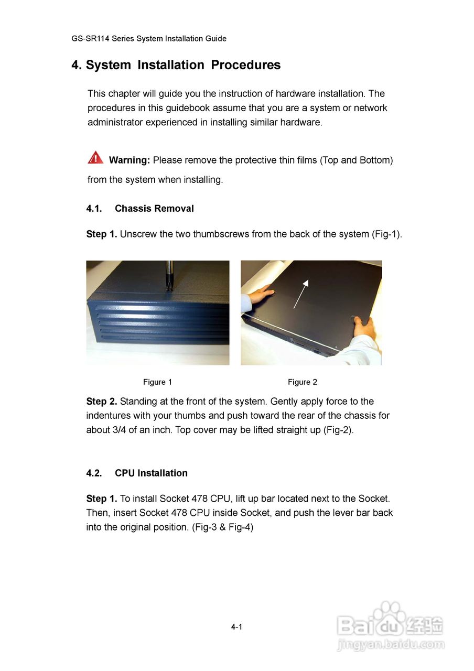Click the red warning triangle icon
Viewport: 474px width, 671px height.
click(x=95, y=157)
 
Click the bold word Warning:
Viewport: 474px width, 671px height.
click(x=130, y=160)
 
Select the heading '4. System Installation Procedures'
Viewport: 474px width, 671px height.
click(x=176, y=65)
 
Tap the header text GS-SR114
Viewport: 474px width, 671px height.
click(x=90, y=38)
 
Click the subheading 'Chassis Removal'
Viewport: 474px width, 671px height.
click(x=154, y=209)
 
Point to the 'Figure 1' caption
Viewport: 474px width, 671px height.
click(x=157, y=382)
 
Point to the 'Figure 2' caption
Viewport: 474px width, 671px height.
click(x=302, y=382)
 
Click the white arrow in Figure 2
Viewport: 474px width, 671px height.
click(x=300, y=294)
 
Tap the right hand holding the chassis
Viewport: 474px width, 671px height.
click(x=364, y=328)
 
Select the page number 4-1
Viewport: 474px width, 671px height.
click(x=236, y=627)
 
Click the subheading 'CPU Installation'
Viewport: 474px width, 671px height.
click(x=151, y=473)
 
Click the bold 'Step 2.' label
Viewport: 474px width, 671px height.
click(x=102, y=402)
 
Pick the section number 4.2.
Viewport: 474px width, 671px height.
click(x=94, y=473)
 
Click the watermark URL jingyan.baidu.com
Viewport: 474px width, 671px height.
click(x=391, y=644)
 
